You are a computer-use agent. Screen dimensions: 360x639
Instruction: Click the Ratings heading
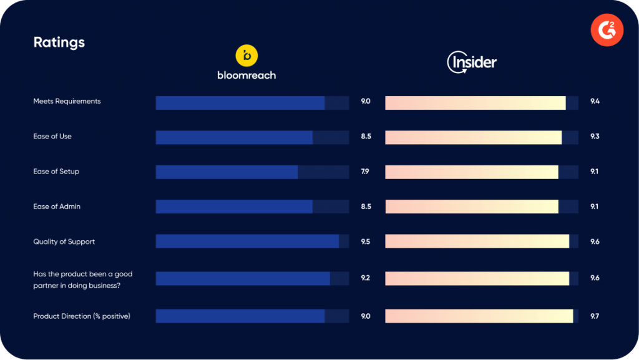point(59,42)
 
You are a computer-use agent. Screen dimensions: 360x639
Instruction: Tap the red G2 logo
point(607,31)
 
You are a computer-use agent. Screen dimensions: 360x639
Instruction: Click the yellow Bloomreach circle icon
point(246,56)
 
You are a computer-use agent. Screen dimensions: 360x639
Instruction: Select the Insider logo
point(472,62)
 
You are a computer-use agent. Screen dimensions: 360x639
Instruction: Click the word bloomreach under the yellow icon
point(246,75)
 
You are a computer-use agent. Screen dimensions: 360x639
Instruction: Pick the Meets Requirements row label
point(67,101)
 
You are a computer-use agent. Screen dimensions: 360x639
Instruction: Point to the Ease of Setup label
point(56,172)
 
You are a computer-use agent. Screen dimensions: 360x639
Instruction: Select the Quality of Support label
point(64,241)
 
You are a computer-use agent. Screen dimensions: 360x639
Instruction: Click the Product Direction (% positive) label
point(82,316)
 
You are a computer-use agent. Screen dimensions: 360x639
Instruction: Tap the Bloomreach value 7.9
point(365,172)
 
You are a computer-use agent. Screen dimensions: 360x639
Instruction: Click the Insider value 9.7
point(595,316)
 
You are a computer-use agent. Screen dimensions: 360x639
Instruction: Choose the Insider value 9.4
point(595,101)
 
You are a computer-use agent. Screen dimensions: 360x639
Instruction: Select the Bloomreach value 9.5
point(366,241)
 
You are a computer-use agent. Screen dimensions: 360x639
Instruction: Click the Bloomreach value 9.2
point(366,278)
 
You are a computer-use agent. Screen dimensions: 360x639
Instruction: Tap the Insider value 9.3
point(595,136)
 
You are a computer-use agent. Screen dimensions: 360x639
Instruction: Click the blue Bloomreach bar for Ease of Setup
point(227,172)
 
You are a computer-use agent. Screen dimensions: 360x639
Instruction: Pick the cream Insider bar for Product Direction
point(479,316)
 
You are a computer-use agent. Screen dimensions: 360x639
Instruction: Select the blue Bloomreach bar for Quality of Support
point(247,241)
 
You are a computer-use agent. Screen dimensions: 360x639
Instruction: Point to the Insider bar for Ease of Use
point(473,137)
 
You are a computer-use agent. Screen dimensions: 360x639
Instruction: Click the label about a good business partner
point(82,278)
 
